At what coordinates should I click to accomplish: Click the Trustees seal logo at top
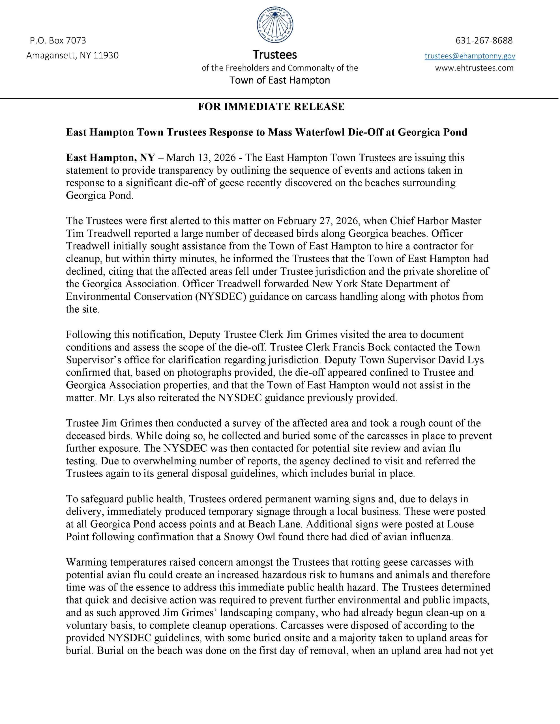click(x=275, y=25)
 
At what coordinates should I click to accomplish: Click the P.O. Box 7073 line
click(x=58, y=40)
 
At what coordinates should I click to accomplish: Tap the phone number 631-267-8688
click(x=484, y=40)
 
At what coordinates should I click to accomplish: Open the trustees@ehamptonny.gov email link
click(x=470, y=56)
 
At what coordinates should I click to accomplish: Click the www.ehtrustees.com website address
click(x=474, y=68)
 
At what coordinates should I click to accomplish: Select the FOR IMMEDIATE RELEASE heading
click(x=271, y=106)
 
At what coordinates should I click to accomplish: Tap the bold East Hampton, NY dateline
click(x=110, y=158)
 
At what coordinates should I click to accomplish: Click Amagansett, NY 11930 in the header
click(x=72, y=55)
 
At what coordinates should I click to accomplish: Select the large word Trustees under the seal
click(x=275, y=54)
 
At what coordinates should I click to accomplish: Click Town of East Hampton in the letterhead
click(x=280, y=80)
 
